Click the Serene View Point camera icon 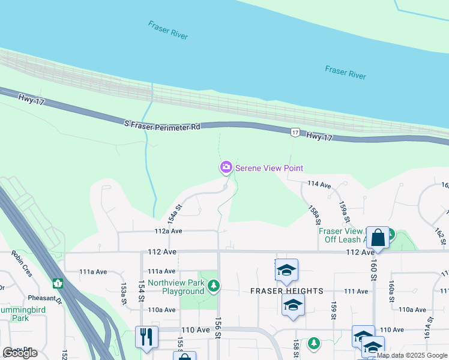click(x=226, y=168)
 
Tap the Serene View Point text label click(x=269, y=169)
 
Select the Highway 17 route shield click(x=295, y=132)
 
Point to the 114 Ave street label click(x=319, y=185)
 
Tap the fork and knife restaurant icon click(x=146, y=337)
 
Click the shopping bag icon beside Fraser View click(x=378, y=238)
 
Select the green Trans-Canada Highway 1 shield click(x=58, y=283)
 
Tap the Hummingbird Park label click(x=14, y=313)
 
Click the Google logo click(x=20, y=353)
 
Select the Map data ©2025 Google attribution click(x=411, y=355)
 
